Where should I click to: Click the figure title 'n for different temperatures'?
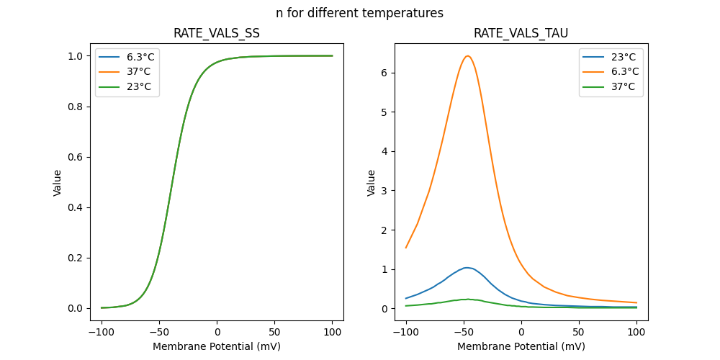pos(359,13)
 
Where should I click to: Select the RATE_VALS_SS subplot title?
pos(217,34)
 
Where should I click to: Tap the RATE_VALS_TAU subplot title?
pos(521,34)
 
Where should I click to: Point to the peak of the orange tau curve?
pos(467,56)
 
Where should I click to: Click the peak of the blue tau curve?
pos(467,268)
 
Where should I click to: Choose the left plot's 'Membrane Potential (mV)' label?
pos(217,346)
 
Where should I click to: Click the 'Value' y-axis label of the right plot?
pos(372,182)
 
